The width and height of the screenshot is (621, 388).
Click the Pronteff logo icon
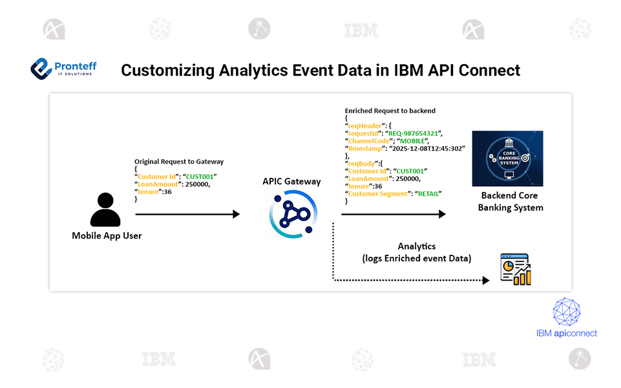click(42, 67)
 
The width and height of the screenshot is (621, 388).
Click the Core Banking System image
click(507, 158)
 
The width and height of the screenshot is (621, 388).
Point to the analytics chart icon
click(515, 270)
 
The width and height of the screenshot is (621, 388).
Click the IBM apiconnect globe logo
click(567, 311)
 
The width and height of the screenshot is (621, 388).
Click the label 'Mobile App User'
click(107, 235)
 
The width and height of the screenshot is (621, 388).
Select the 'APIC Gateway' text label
click(291, 181)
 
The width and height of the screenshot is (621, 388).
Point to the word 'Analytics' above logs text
click(416, 246)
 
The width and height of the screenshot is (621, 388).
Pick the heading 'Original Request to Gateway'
click(179, 161)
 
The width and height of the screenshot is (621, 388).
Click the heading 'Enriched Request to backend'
click(390, 111)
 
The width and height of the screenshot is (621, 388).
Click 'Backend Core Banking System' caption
click(510, 201)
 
